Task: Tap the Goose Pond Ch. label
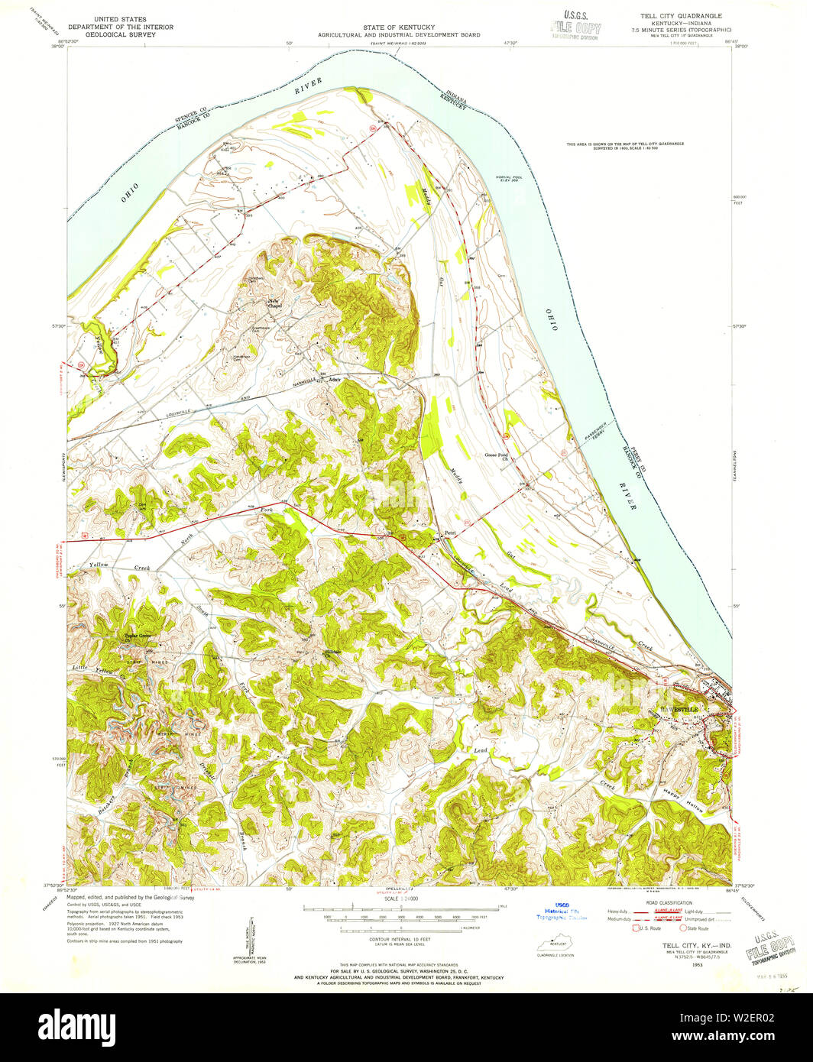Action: point(497,457)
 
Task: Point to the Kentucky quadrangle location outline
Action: point(555,945)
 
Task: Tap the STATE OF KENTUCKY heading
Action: point(400,27)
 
